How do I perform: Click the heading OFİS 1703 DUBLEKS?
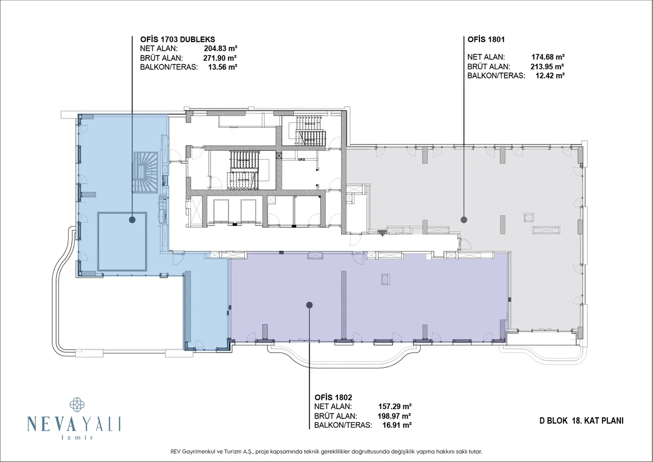(177, 39)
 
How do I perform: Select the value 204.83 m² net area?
(220, 48)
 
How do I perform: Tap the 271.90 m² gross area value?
(220, 58)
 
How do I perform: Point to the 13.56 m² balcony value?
(223, 67)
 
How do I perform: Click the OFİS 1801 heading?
(486, 39)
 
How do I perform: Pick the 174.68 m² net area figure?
(548, 57)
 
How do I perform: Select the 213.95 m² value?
(547, 66)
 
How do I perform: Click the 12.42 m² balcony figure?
(550, 76)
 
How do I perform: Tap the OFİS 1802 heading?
(333, 398)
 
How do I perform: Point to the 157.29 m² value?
(395, 406)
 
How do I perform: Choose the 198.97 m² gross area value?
(395, 416)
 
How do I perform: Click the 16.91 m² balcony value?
(397, 425)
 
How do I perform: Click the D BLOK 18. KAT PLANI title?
(581, 421)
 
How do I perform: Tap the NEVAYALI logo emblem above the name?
(77, 404)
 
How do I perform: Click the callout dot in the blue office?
(132, 220)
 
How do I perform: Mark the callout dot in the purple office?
(310, 305)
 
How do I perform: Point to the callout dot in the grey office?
(464, 220)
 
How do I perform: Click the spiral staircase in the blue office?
(146, 172)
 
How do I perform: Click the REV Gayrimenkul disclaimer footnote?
(326, 452)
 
